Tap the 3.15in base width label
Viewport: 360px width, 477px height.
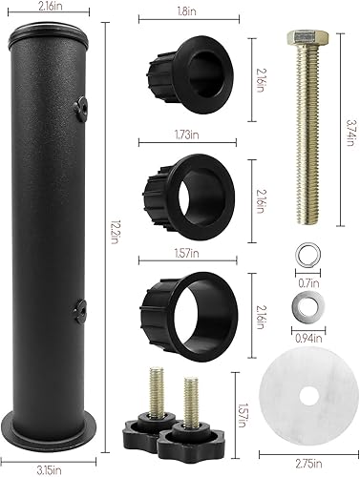coord(51,469)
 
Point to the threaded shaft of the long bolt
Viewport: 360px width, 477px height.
coord(304,143)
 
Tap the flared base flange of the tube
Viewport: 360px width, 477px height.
coord(51,448)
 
